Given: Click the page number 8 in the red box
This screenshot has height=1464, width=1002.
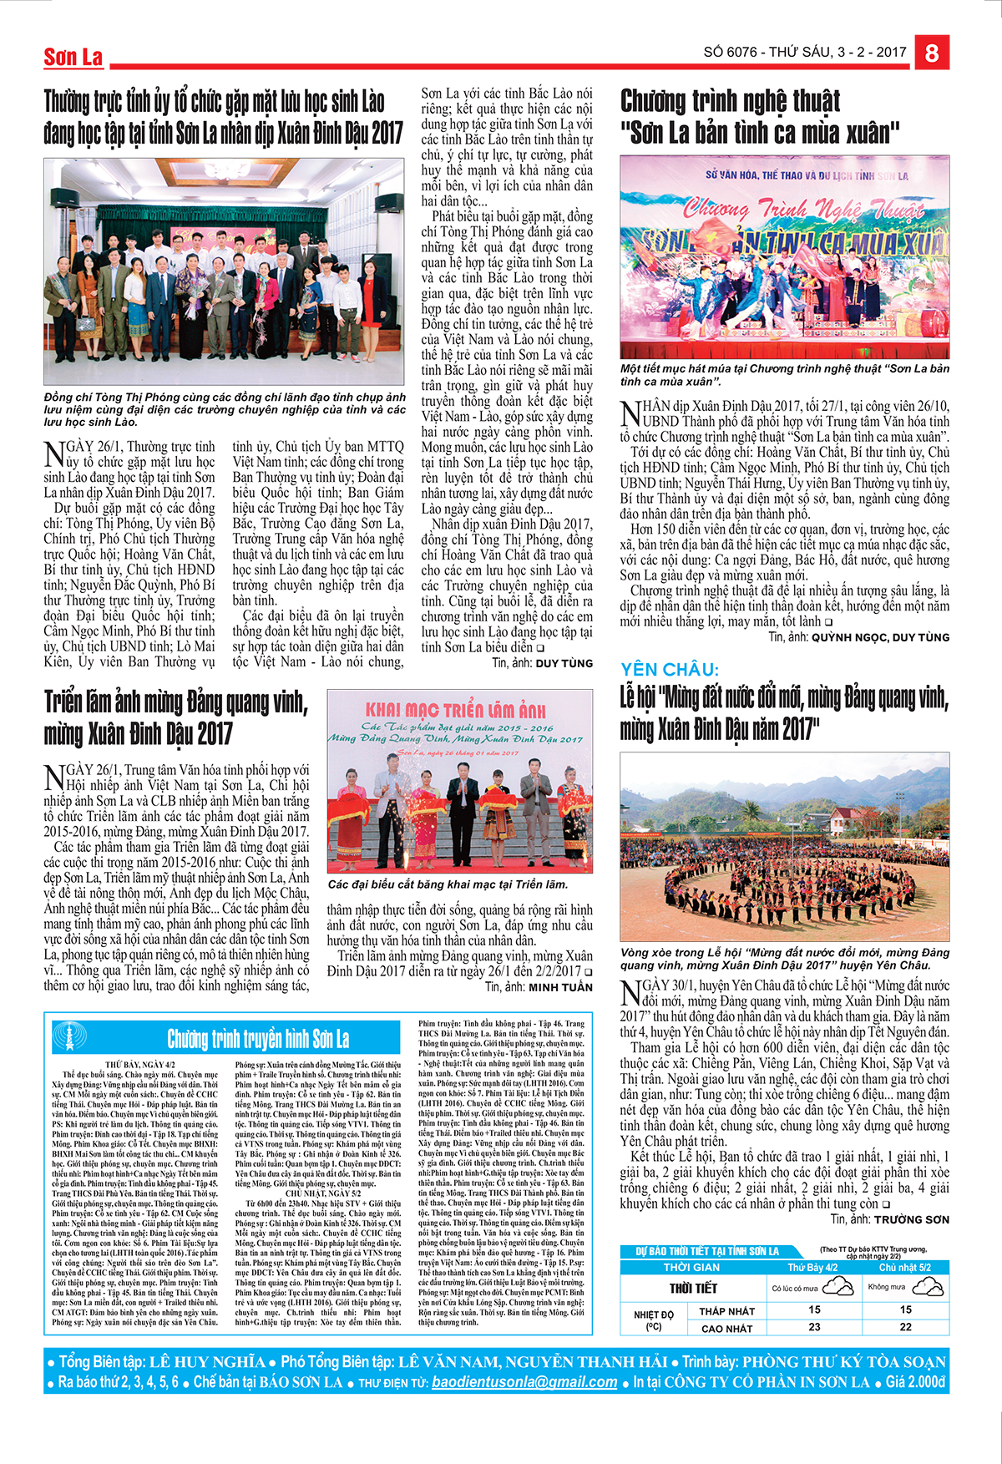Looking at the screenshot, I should [x=932, y=53].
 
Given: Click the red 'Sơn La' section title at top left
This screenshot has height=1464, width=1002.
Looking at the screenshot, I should [x=73, y=57].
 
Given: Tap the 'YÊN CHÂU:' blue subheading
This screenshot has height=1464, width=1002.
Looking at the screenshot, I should [x=670, y=669].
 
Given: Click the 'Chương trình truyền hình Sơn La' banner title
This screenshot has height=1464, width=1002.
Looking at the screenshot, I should [x=258, y=1039].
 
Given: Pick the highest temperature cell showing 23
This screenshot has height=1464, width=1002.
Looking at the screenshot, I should [x=814, y=1327].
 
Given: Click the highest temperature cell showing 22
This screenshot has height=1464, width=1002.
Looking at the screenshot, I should [x=905, y=1327].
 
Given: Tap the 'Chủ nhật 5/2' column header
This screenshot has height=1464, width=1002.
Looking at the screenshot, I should [x=905, y=1268].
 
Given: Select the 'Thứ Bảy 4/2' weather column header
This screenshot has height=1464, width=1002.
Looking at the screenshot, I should [x=813, y=1268].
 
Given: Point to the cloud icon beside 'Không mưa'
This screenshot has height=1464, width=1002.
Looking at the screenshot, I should [x=927, y=1287].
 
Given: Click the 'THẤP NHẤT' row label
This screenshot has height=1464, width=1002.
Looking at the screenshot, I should [x=726, y=1311].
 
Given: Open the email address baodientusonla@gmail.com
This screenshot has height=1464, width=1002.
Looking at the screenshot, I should [x=524, y=1382].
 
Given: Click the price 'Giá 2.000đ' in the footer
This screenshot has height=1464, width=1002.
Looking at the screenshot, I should [x=915, y=1382].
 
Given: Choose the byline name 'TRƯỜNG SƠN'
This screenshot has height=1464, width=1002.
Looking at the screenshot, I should [x=912, y=1219].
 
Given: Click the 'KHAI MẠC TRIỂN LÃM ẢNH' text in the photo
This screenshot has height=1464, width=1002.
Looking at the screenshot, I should [x=456, y=711].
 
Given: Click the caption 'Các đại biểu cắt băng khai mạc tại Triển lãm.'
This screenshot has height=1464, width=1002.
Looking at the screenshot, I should [x=448, y=884].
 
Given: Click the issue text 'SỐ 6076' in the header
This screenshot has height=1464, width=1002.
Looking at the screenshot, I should [x=730, y=52].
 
